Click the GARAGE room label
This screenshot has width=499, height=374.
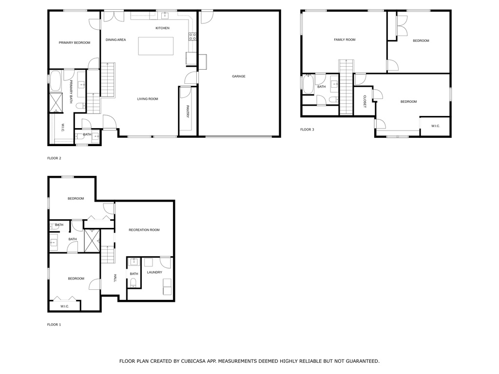pyautogui.click(x=239, y=76)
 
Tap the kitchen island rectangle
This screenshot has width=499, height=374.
pyautogui.click(x=156, y=46)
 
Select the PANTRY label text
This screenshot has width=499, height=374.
pyautogui.click(x=188, y=112)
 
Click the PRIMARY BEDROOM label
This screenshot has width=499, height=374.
pyautogui.click(x=75, y=43)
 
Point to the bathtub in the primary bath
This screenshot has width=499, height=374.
pyautogui.click(x=56, y=81)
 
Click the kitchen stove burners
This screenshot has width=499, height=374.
pyautogui.click(x=192, y=37)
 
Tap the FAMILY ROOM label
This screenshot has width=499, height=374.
pyautogui.click(x=345, y=40)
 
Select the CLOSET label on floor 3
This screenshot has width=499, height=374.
pyautogui.click(x=365, y=101)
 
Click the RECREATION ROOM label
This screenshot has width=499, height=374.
pyautogui.click(x=144, y=230)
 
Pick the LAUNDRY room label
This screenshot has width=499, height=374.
pyautogui.click(x=154, y=273)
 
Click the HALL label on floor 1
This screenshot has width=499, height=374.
pyautogui.click(x=115, y=278)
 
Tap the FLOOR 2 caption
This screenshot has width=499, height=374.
pyautogui.click(x=54, y=158)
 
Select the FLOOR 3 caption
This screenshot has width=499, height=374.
pyautogui.click(x=307, y=130)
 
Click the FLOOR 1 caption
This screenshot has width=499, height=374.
pyautogui.click(x=54, y=325)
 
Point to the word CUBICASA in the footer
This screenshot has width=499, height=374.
pyautogui.click(x=194, y=361)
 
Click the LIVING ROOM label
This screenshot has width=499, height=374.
pyautogui.click(x=148, y=99)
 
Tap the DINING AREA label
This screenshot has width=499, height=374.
pyautogui.click(x=116, y=40)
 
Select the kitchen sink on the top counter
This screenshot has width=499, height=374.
pyautogui.click(x=165, y=16)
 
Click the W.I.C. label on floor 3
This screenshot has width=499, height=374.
pyautogui.click(x=436, y=126)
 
